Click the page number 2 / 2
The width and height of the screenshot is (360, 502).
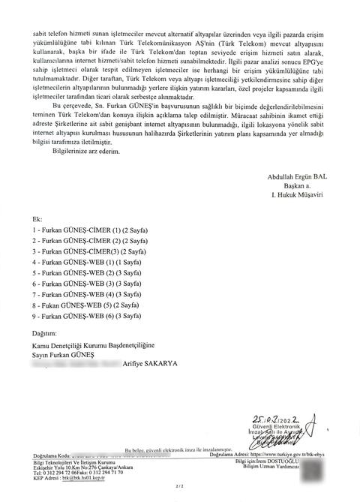pyautogui.click(x=179, y=487)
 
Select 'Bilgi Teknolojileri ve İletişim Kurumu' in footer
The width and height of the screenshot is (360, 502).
pyautogui.click(x=69, y=461)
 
